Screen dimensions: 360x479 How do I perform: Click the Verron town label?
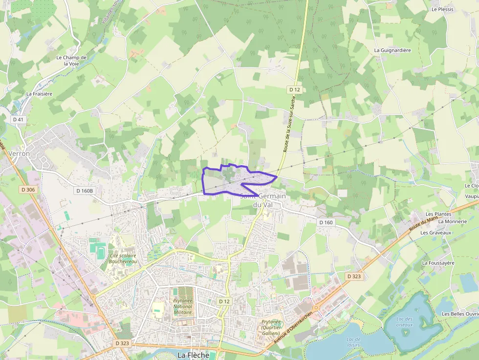click(19, 153)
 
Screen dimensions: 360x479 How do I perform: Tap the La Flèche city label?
click(193, 355)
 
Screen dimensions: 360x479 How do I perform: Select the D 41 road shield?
click(18, 119)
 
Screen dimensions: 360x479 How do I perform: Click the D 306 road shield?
click(28, 190)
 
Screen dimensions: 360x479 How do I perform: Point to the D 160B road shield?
click(84, 191)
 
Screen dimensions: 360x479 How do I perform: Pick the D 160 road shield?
click(326, 222)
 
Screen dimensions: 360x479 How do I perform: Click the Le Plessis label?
click(442, 9)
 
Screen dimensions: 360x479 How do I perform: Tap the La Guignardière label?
click(392, 50)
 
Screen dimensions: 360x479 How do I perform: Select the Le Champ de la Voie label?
click(71, 61)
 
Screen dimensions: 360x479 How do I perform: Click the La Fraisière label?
click(39, 93)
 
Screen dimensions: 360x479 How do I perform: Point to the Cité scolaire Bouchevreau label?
click(123, 258)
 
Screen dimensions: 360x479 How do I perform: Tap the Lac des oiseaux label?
click(404, 322)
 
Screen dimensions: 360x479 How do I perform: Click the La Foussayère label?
click(438, 263)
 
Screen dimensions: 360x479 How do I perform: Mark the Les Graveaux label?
click(435, 233)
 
